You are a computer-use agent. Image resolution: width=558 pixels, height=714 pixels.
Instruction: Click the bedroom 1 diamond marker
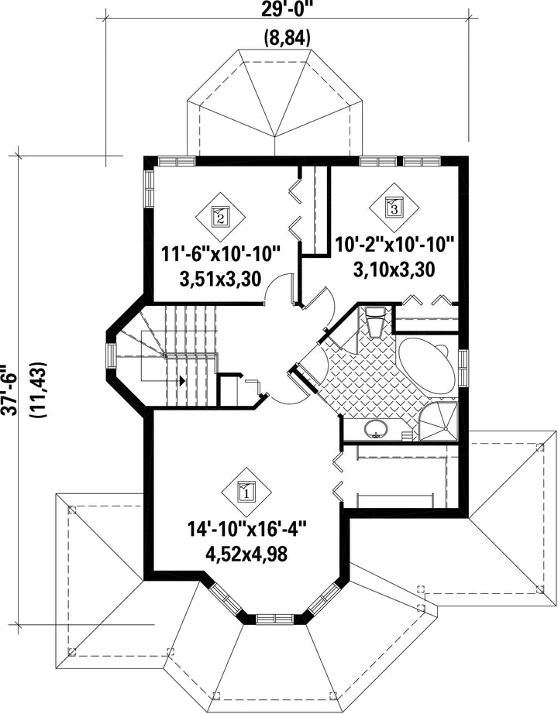[246, 492]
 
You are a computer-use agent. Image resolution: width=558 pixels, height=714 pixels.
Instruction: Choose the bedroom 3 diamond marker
[394, 208]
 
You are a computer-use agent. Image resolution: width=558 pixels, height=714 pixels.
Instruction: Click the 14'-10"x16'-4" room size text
[246, 530]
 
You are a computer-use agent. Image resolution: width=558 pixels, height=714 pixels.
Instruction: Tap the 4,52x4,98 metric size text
[247, 554]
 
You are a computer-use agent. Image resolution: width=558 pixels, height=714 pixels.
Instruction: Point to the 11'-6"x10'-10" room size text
[221, 254]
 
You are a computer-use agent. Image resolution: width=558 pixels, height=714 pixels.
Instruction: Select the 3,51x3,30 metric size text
[221, 279]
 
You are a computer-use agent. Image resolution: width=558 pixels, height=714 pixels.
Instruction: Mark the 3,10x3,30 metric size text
[394, 269]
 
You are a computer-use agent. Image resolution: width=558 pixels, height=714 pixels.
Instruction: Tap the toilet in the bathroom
[376, 322]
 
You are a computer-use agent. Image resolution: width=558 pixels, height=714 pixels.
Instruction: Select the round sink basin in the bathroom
[376, 429]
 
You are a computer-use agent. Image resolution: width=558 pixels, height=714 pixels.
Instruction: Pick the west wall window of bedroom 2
[149, 188]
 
